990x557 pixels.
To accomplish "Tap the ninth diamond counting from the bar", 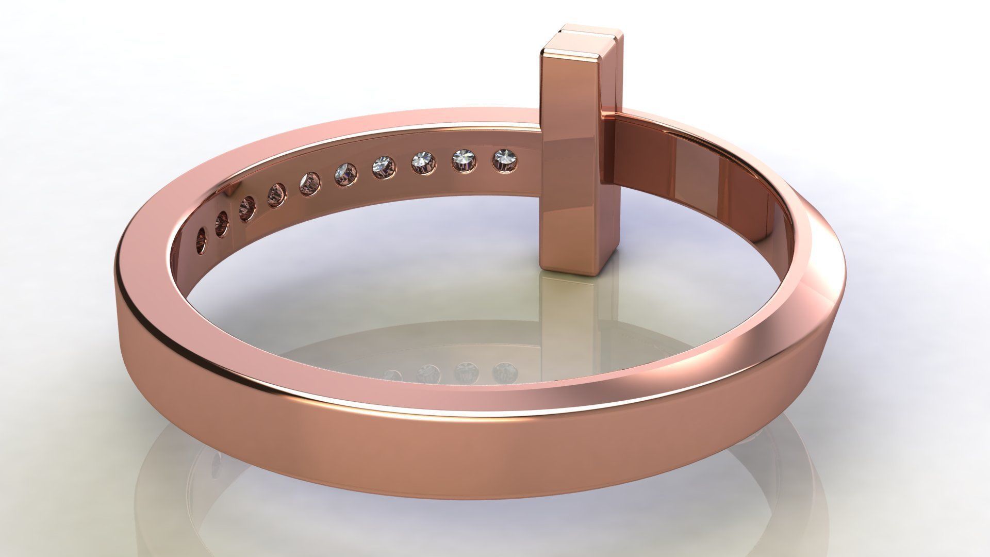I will click(222, 224).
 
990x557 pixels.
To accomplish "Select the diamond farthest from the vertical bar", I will click(201, 241).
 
